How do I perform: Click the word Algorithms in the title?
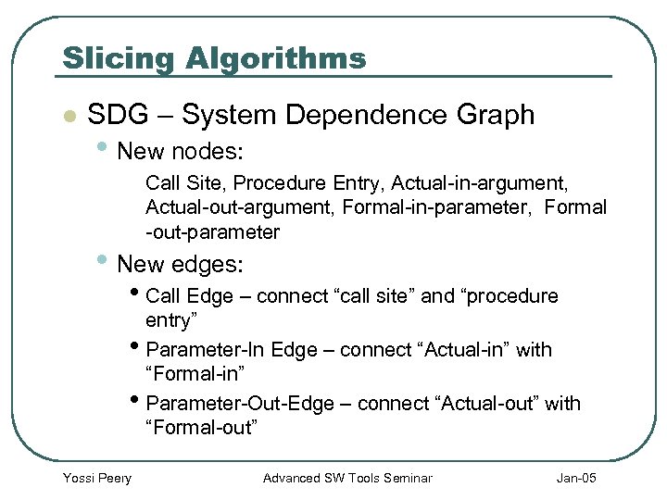pyautogui.click(x=276, y=58)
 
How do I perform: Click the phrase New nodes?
pyautogui.click(x=181, y=150)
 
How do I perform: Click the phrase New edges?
pyautogui.click(x=181, y=264)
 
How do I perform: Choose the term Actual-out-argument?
pyautogui.click(x=240, y=206)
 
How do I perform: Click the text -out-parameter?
pyautogui.click(x=212, y=231)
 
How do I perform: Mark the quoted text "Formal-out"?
pyautogui.click(x=201, y=427)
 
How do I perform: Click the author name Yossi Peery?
pyautogui.click(x=96, y=478)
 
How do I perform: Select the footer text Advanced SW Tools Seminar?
pyautogui.click(x=347, y=478)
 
